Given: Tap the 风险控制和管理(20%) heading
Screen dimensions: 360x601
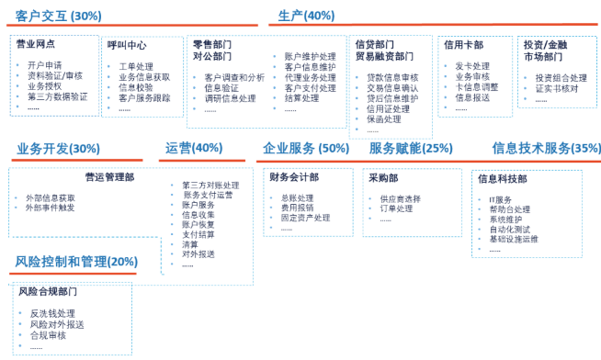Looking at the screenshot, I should [x=76, y=262].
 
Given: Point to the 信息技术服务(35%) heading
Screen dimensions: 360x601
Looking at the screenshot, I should [x=546, y=148].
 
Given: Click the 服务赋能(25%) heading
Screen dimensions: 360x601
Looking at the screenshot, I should [x=411, y=148].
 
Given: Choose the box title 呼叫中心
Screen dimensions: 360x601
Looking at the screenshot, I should [x=126, y=45].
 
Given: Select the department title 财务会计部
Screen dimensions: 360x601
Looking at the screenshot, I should [x=293, y=177].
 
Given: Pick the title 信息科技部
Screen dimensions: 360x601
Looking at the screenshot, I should [x=502, y=178].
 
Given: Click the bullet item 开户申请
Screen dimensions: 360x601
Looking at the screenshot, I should [x=45, y=64].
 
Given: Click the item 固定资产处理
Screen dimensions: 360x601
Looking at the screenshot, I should [x=305, y=218].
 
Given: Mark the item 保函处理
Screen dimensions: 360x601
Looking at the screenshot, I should [x=383, y=119].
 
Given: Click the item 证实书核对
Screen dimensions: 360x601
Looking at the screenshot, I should [x=556, y=88].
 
